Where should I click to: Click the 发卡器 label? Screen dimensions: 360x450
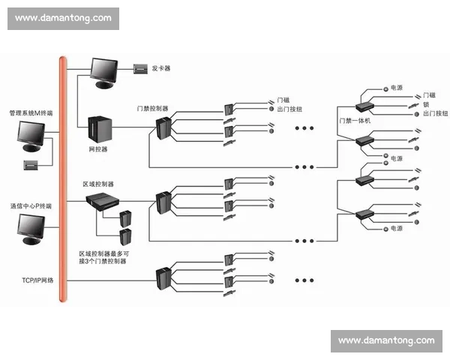pyautogui.click(x=161, y=68)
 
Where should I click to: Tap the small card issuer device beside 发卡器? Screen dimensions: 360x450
pyautogui.click(x=141, y=68)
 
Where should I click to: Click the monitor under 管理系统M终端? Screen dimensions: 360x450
pyautogui.click(x=32, y=136)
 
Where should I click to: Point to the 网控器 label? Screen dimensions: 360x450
pyautogui.click(x=98, y=149)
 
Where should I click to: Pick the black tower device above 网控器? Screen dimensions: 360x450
pyautogui.click(x=98, y=127)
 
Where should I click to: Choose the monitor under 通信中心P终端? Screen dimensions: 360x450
pyautogui.click(x=32, y=228)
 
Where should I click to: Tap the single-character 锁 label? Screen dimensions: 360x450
pyautogui.click(x=426, y=104)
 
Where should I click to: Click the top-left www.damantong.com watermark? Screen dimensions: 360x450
pyautogui.click(x=63, y=18)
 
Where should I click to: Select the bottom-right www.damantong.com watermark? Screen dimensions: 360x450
pyautogui.click(x=386, y=340)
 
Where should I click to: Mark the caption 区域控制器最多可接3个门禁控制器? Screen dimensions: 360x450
pyautogui.click(x=104, y=258)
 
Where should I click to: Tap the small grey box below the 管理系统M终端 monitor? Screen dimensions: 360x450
pyautogui.click(x=32, y=163)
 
